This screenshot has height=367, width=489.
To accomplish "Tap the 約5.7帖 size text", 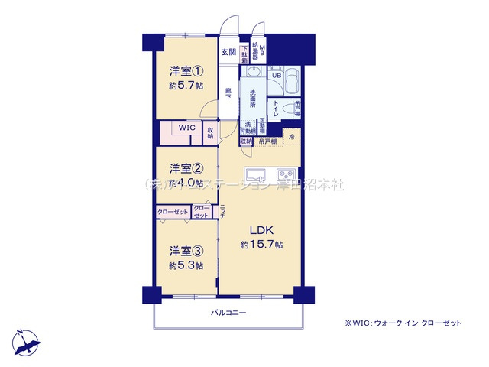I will [x=186, y=86].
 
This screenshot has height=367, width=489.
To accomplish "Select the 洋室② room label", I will [x=186, y=168].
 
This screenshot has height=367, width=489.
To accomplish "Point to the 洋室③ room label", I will [x=186, y=251].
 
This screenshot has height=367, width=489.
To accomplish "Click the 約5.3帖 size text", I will [x=186, y=265].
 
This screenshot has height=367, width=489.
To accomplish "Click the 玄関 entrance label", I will [x=228, y=53].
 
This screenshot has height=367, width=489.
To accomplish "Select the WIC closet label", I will [x=187, y=128].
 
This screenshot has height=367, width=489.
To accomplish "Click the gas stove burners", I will [x=287, y=171].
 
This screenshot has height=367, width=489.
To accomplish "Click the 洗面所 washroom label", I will [x=252, y=101].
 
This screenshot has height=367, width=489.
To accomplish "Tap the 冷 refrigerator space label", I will [x=291, y=136].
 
